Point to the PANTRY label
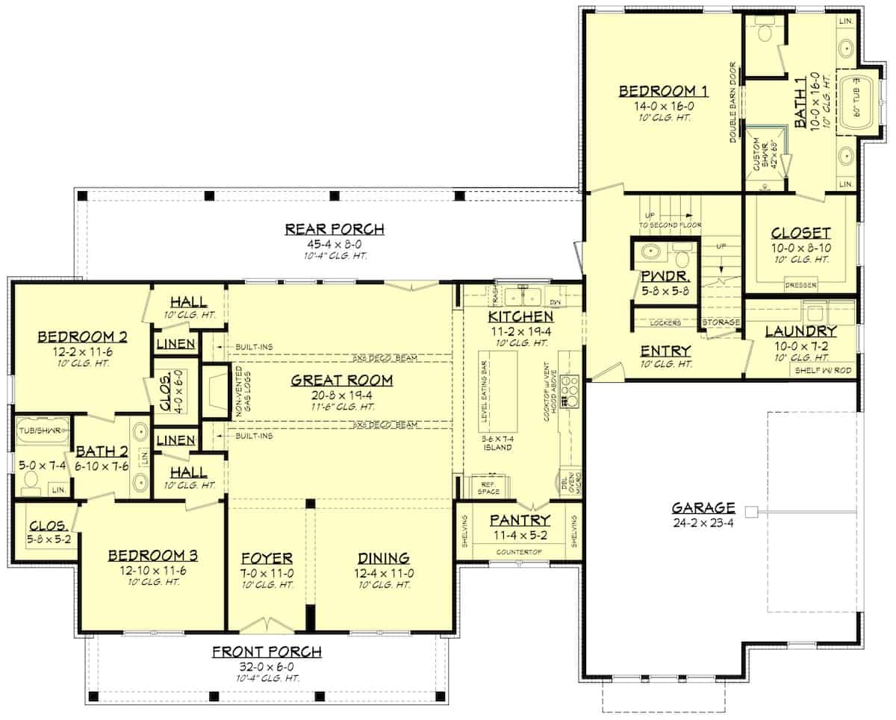(x=520, y=520)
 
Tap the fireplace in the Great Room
(x=214, y=391)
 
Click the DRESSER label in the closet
(x=800, y=285)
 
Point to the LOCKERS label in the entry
(x=665, y=323)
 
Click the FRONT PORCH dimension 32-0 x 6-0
(x=267, y=666)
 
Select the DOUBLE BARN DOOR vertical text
(x=733, y=102)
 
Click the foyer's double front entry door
(x=266, y=624)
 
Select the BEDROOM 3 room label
(x=152, y=556)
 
